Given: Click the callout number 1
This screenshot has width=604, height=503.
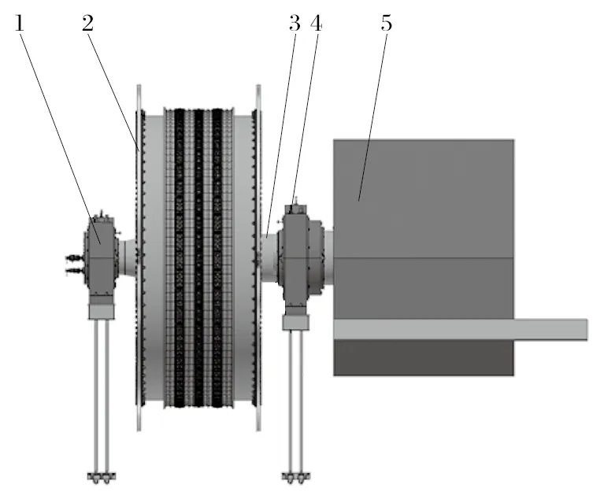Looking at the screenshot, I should (20, 24).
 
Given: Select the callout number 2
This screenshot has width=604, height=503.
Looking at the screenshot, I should (87, 23).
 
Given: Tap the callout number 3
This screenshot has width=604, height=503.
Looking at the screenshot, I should (295, 24).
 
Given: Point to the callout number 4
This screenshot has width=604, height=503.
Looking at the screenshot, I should (317, 24).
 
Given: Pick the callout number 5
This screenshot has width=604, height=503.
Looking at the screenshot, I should (386, 24).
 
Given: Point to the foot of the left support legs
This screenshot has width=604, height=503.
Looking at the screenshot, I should (100, 475).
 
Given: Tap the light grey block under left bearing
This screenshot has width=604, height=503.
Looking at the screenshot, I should (101, 313).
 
